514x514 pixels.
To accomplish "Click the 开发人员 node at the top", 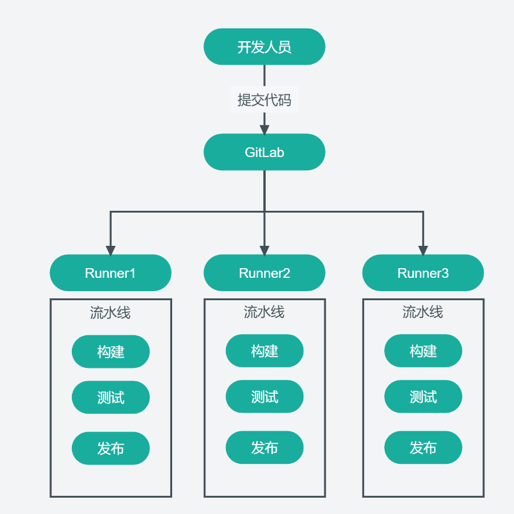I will [x=265, y=47].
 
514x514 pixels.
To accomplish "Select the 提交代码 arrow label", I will [x=265, y=99].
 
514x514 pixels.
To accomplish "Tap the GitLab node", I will [x=265, y=152].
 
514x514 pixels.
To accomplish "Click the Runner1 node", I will [x=111, y=273].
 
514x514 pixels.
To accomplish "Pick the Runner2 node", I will [x=265, y=273].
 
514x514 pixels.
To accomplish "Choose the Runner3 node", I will [x=423, y=273].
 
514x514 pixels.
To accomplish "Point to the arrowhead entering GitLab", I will [x=265, y=129].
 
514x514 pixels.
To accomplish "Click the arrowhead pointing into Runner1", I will [x=111, y=249].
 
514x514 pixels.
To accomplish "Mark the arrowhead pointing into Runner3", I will [x=423, y=249].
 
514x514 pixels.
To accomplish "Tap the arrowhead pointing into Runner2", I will [x=265, y=249].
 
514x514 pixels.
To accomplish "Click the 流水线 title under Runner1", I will [x=111, y=312].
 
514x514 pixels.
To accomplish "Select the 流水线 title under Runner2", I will [x=265, y=312].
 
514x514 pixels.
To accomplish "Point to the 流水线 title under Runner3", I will [x=423, y=312].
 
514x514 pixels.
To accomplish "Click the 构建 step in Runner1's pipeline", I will [x=111, y=352].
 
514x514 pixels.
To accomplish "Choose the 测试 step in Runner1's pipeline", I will [x=111, y=397].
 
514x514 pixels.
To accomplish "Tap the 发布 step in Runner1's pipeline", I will [x=111, y=448].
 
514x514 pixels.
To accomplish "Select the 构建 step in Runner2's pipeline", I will [x=265, y=351].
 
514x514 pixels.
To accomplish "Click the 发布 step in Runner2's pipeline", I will [x=265, y=448].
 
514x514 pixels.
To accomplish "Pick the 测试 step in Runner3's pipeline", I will [x=423, y=397].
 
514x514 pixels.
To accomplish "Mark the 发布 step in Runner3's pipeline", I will [x=423, y=448].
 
